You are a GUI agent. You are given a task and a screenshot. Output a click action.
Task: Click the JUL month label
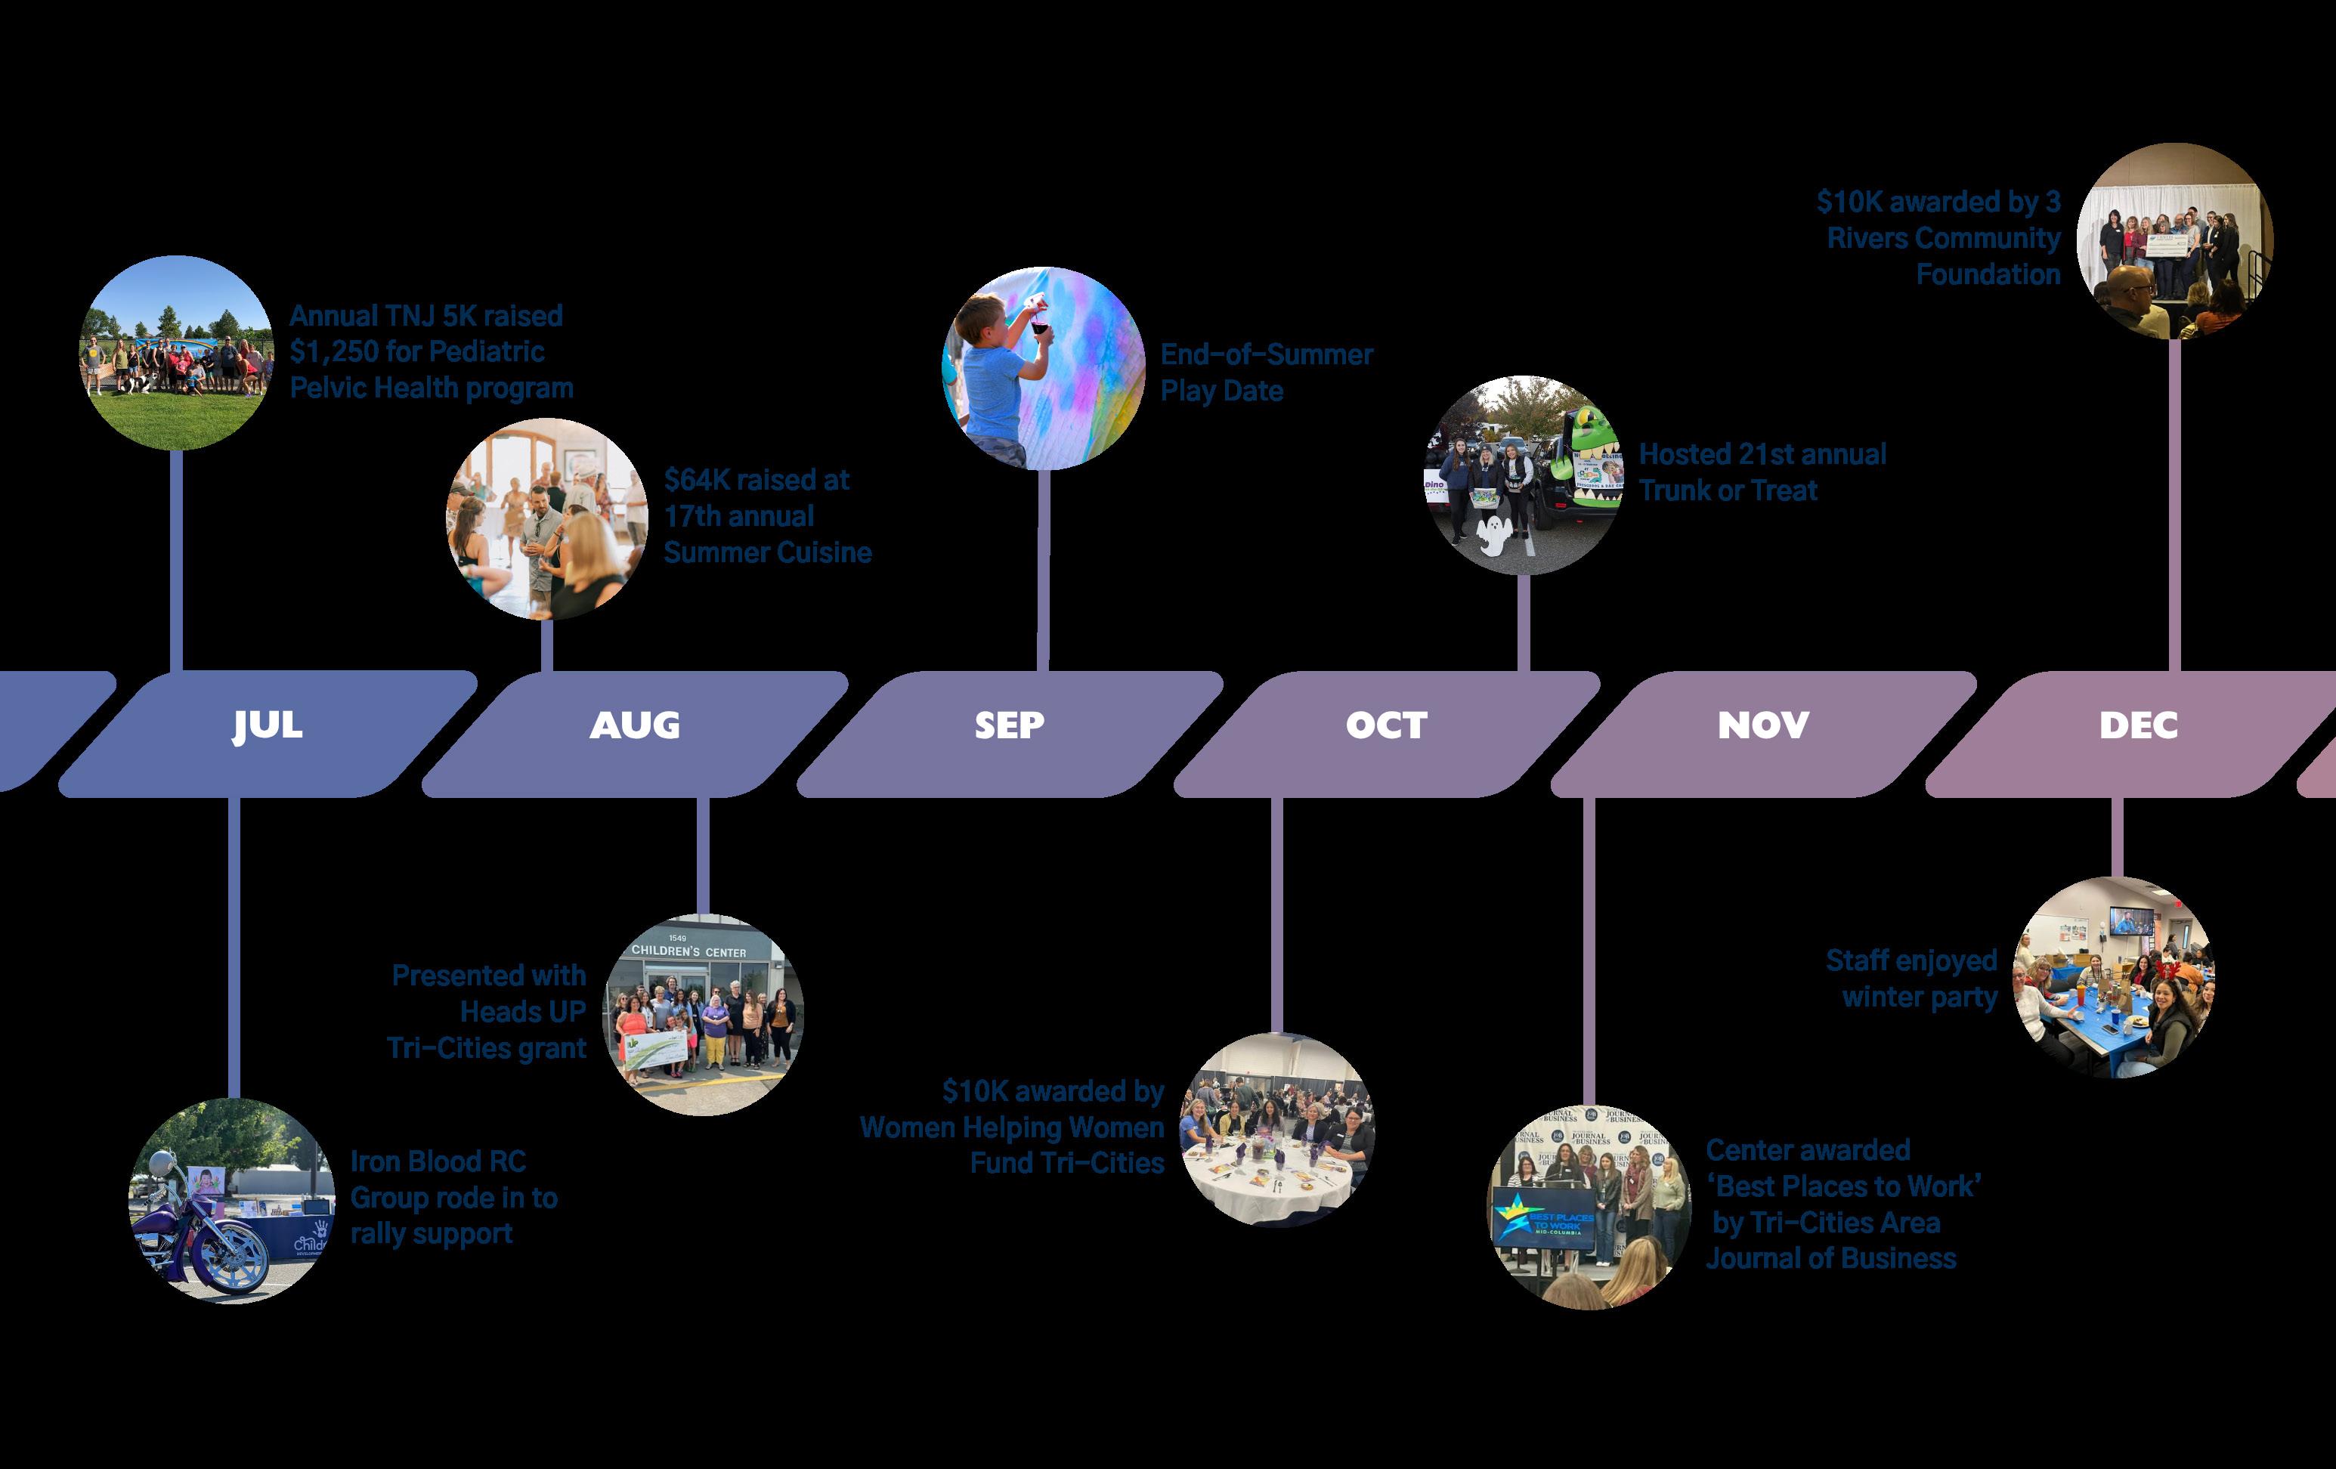(x=267, y=725)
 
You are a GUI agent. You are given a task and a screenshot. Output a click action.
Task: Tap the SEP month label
(x=1009, y=725)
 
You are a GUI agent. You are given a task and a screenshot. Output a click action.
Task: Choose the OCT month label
(x=1385, y=725)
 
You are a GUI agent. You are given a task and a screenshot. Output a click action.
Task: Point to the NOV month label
(x=1762, y=725)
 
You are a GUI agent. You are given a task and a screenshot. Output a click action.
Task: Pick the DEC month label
(x=2138, y=725)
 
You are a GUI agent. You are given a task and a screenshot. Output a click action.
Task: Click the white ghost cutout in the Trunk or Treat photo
(x=1494, y=536)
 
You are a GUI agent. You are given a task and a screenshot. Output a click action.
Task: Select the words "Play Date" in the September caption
(x=1221, y=391)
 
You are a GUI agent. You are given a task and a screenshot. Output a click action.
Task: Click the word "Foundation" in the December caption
(x=1988, y=274)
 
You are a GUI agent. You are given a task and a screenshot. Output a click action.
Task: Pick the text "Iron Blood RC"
(x=438, y=1161)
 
